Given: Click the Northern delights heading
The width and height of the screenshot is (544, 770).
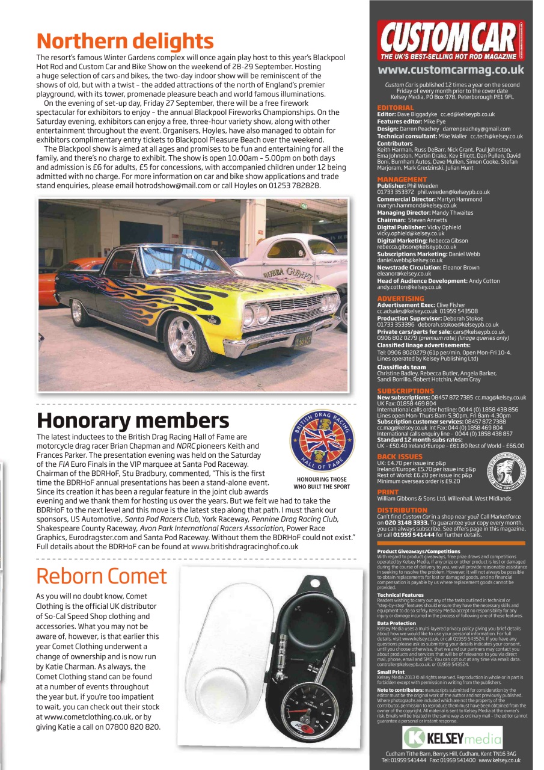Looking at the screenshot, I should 125,41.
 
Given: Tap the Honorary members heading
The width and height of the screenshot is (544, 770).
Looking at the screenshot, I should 133,420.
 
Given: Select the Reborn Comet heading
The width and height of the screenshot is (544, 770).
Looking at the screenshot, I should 102,576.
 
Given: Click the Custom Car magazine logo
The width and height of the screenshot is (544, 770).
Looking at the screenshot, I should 450,40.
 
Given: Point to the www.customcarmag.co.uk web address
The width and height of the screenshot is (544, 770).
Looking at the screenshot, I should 450,70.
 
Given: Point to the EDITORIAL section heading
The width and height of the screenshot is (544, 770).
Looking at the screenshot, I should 395,108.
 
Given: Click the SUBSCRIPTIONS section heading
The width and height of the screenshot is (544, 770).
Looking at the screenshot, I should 405,391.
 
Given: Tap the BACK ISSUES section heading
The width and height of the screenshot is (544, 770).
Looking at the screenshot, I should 399,457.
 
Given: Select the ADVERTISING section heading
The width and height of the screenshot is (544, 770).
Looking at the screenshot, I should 400,298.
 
